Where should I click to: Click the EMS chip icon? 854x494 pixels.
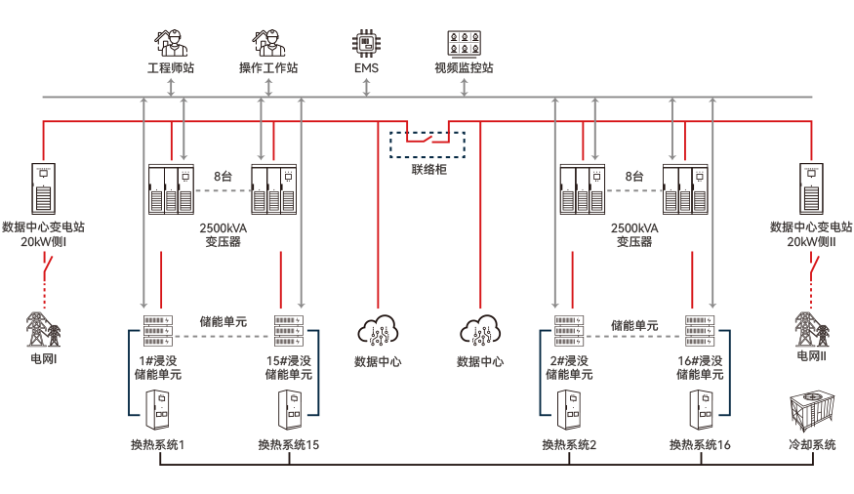tap(366, 44)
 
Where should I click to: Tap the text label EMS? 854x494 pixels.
tap(366, 69)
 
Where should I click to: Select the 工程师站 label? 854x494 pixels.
tap(170, 69)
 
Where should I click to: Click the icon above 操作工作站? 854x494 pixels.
tap(268, 44)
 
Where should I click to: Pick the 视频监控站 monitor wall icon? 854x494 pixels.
tap(464, 44)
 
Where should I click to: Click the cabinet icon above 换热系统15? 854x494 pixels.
tap(289, 410)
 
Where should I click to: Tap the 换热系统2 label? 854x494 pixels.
tap(570, 445)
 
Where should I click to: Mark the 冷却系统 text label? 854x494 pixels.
tap(812, 445)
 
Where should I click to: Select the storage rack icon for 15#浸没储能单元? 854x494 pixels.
tap(289, 331)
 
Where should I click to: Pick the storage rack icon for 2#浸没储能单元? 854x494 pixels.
tap(569, 331)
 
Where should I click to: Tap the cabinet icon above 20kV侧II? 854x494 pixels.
tap(810, 188)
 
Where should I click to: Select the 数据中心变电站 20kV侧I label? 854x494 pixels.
tap(44, 232)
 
